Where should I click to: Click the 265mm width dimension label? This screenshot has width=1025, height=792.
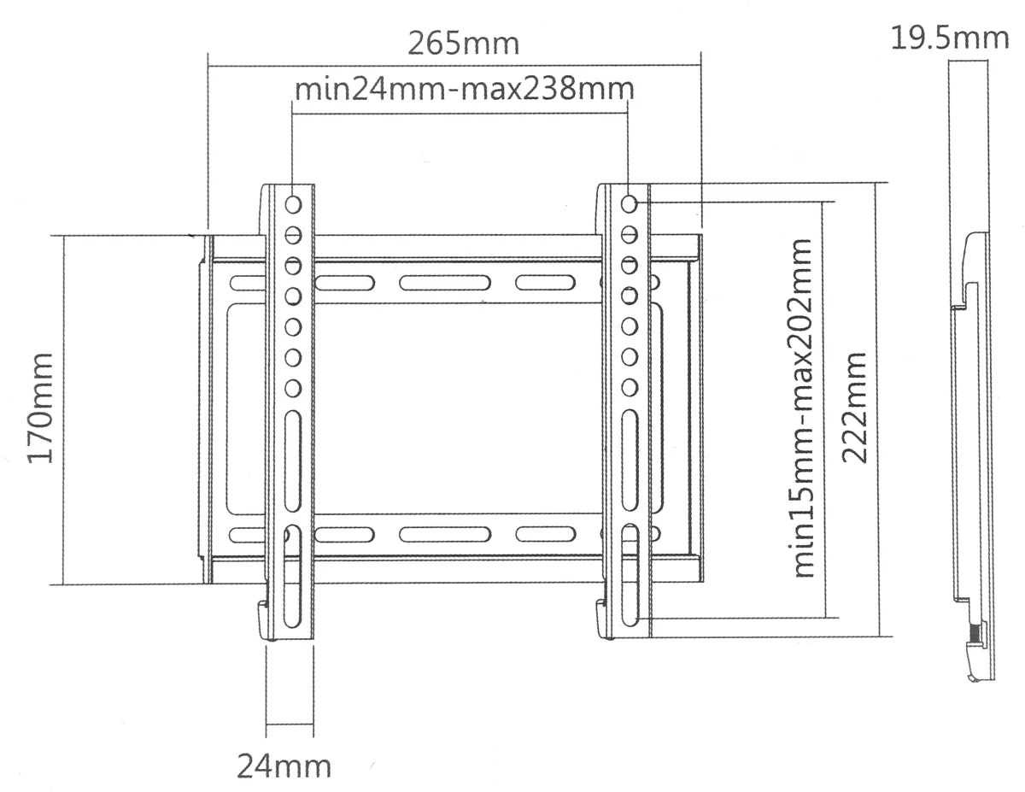[463, 44]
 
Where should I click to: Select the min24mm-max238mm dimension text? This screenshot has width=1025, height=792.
[464, 89]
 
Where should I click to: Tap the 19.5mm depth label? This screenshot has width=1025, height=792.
[950, 38]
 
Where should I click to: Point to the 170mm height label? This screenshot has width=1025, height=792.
[40, 408]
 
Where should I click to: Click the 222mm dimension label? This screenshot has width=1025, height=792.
[854, 408]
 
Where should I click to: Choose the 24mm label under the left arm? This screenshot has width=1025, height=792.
[284, 767]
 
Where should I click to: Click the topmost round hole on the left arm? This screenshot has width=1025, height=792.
[293, 205]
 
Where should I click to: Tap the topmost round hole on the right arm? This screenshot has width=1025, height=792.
[630, 204]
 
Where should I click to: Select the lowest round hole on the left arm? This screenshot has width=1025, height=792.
[293, 389]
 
